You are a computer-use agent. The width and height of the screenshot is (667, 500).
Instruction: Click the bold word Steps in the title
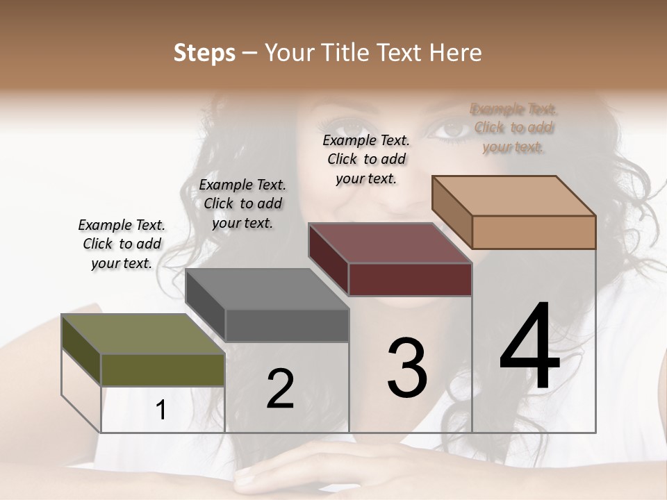coord(204,53)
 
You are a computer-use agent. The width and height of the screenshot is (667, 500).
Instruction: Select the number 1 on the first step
coord(160,410)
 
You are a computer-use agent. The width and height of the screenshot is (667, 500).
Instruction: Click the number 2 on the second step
coord(280,389)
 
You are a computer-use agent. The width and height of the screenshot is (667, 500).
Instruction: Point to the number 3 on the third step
coord(407,368)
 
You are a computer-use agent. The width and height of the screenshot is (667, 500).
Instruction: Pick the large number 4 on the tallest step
coord(529,347)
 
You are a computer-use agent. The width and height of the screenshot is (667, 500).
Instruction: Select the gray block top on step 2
coord(267,289)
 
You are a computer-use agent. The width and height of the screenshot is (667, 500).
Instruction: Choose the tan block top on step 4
coord(514,196)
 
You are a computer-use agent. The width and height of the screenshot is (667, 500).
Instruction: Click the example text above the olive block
coord(122,244)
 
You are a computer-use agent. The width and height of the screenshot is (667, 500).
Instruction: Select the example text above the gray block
coord(242,203)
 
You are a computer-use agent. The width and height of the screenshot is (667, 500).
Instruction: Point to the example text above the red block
coord(366,159)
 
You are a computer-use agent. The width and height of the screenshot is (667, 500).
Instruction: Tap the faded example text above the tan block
coord(513,128)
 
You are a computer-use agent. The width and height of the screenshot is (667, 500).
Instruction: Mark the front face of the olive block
coord(163,369)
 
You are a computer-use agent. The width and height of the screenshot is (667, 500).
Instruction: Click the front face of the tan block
coord(534,232)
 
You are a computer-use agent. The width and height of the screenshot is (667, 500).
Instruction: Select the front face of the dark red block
coord(410,279)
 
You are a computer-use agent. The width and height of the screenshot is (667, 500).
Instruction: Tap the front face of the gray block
coord(286,325)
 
